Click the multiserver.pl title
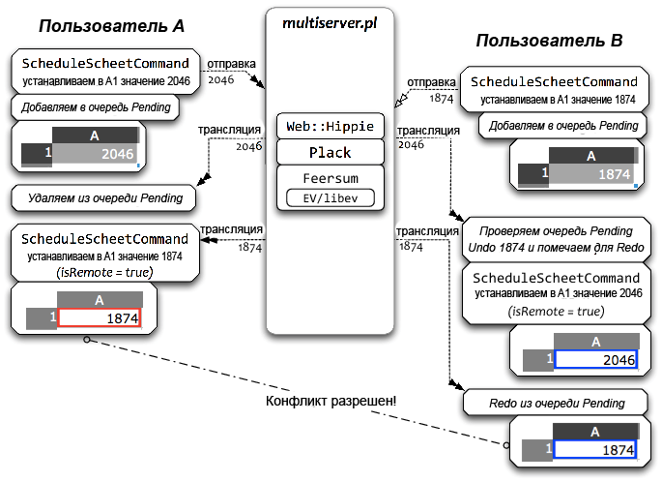coord(330,23)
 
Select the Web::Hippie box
coord(331,126)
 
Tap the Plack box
coord(331,152)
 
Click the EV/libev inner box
coord(331,197)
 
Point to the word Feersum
coord(331,178)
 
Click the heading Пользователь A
coord(112,26)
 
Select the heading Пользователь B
coord(549,41)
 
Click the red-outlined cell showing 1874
coord(100,317)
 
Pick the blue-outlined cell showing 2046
coord(595,359)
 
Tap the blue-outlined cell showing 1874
coord(595,449)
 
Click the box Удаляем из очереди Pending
coord(103,197)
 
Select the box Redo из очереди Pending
coord(556,403)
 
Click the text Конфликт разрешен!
coord(331,401)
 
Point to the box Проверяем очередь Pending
coord(557,239)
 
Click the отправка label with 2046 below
coord(231,64)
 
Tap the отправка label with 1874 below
coord(431,82)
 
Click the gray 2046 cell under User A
coord(96,154)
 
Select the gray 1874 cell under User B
coord(591,174)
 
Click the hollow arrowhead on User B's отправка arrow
coord(400,101)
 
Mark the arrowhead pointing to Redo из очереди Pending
coord(457,385)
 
